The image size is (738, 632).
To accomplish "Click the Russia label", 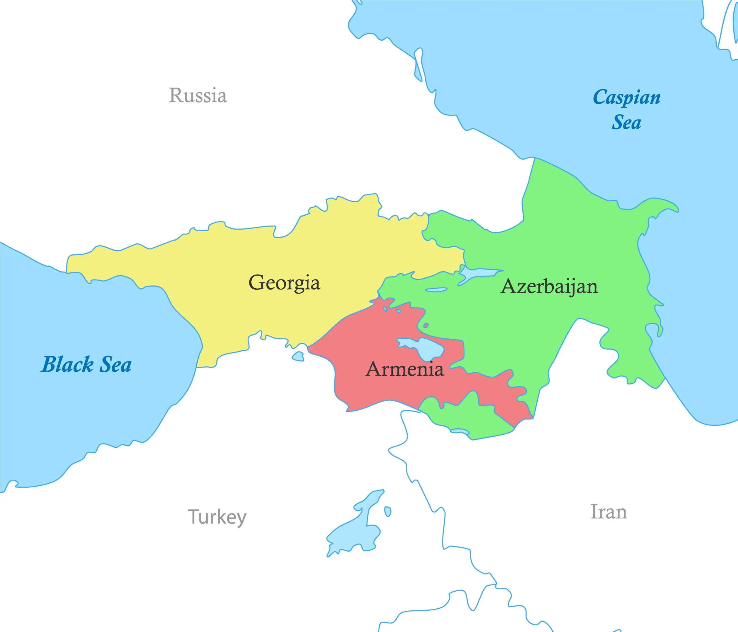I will tap(198, 95).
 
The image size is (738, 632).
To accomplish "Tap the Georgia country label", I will tap(284, 283).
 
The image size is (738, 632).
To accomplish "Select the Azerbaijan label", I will tap(549, 286).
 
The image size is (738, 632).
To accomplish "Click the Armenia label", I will tap(405, 369).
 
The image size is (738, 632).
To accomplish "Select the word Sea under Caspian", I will tap(626, 122).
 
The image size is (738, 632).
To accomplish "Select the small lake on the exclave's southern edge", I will tap(460, 431).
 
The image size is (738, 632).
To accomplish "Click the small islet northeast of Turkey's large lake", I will tap(388, 511).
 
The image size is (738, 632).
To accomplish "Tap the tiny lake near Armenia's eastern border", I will tap(426, 325).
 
